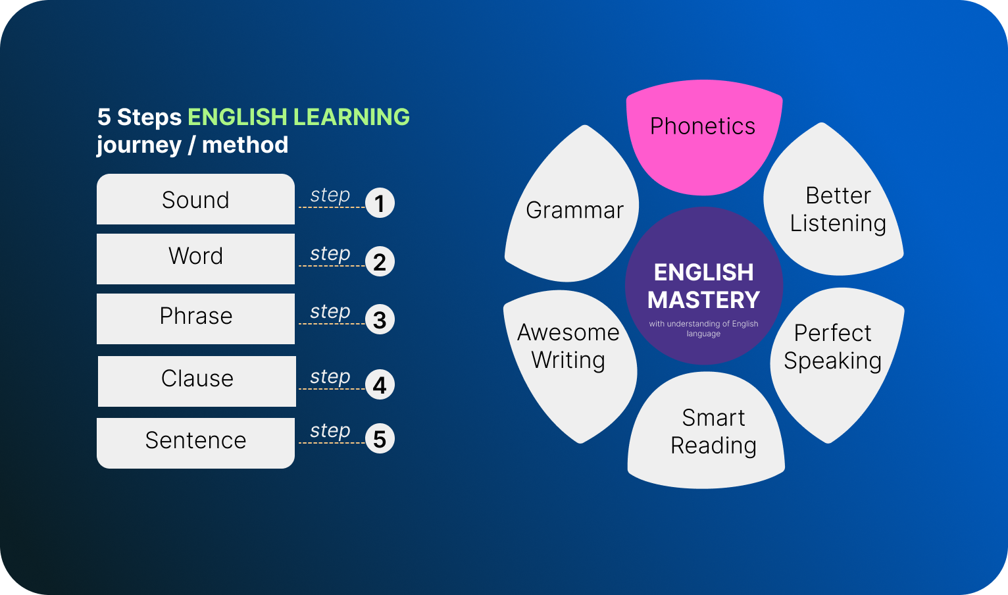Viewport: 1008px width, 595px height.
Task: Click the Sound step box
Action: tap(196, 199)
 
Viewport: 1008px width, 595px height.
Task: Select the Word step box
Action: tap(196, 259)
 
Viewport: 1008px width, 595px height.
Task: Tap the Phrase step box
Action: tap(196, 319)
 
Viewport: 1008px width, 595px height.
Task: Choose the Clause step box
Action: tap(197, 381)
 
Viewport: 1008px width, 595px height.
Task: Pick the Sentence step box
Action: tap(196, 443)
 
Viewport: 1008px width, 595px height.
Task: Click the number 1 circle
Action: tap(380, 203)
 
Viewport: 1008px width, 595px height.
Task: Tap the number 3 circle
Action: tap(380, 320)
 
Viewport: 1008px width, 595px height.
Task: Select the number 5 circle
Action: tap(380, 438)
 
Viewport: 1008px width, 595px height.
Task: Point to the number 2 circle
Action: tap(380, 261)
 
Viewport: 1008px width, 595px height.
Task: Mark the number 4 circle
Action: tap(380, 385)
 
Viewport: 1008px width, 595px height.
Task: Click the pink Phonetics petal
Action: tap(704, 135)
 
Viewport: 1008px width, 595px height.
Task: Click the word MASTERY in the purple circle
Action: tap(703, 299)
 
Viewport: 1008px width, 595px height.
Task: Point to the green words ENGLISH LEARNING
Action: tap(299, 116)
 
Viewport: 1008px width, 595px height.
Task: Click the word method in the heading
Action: tap(245, 145)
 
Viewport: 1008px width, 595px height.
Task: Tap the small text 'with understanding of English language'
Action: tap(703, 328)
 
